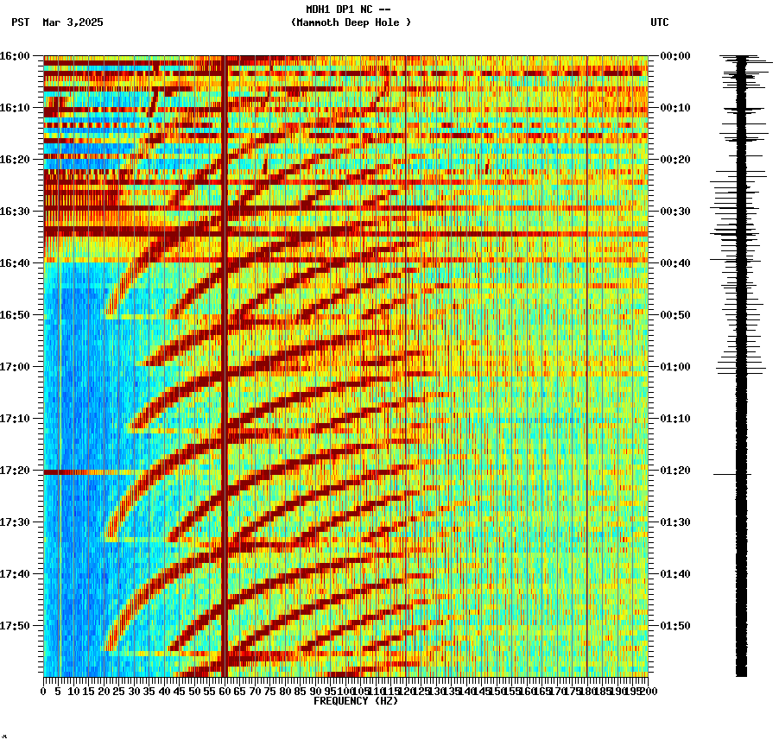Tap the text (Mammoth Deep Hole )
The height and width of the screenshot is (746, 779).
351,22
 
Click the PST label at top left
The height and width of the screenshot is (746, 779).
20,22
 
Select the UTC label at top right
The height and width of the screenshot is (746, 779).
660,22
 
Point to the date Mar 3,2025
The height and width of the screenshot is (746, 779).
73,22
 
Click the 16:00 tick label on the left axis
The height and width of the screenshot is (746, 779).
15,56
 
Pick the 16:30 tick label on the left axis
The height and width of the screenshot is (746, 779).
15,212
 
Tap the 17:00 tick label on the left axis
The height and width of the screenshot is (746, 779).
15,367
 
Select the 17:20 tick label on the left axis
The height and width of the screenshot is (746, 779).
15,471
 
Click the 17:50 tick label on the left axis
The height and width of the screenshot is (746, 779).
15,626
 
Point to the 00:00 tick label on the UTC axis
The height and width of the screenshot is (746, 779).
675,56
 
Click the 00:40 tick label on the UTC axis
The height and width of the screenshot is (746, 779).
675,263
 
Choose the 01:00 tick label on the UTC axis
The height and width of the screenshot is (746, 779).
675,367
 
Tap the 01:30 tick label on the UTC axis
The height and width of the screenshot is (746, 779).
675,522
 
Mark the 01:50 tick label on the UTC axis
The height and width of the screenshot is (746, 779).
675,626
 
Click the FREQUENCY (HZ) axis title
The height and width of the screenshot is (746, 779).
356,701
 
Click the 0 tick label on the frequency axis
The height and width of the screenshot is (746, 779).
44,692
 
